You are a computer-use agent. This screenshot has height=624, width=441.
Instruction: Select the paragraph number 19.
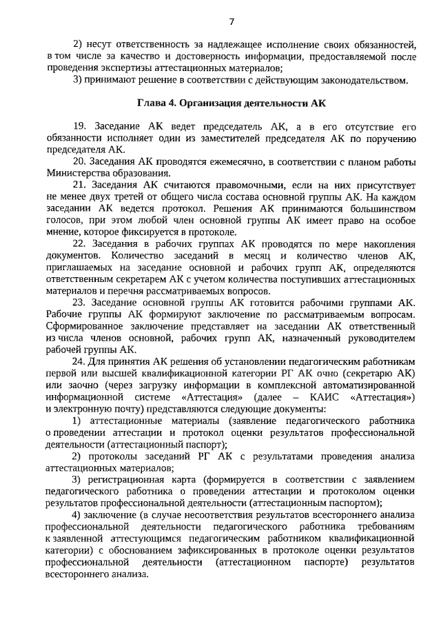pos(78,126)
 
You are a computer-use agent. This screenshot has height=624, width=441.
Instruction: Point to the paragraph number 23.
pos(78,301)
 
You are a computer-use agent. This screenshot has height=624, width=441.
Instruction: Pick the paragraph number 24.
pos(78,359)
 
